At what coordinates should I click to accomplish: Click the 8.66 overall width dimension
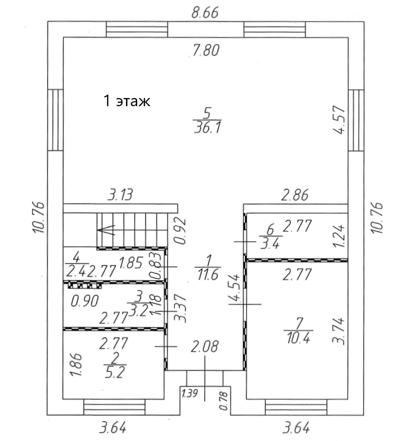click(205, 13)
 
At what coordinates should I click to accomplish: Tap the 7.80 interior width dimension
click(206, 51)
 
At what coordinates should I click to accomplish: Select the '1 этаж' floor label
click(127, 101)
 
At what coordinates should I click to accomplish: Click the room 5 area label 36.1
click(207, 128)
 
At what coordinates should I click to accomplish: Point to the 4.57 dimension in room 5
click(339, 119)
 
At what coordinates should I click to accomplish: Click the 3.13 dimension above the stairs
click(120, 195)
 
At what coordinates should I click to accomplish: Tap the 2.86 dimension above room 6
click(295, 195)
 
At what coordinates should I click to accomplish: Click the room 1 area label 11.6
click(208, 274)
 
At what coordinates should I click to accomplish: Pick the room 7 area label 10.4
click(299, 338)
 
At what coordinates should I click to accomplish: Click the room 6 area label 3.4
click(270, 243)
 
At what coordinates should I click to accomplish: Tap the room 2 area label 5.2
click(115, 372)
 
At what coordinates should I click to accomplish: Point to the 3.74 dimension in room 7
click(338, 331)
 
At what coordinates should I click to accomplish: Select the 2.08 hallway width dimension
click(204, 346)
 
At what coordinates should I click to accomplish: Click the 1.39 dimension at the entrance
click(190, 393)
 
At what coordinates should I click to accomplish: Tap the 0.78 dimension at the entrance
click(224, 401)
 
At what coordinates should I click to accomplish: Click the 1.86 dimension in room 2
click(76, 364)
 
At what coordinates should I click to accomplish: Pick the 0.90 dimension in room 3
click(85, 301)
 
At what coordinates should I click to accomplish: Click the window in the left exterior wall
click(55, 120)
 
